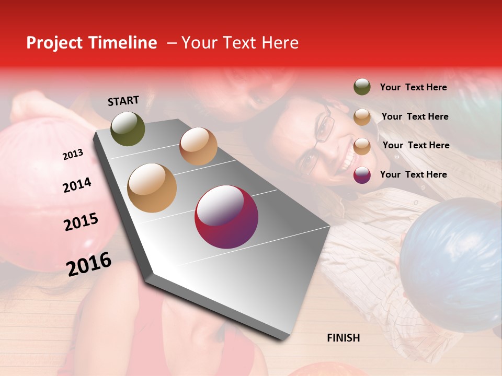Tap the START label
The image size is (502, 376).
123,101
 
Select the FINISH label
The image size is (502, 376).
343,338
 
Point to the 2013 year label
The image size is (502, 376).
73,155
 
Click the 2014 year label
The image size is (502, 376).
77,185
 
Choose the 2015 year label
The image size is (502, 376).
81,222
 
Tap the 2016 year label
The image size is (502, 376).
89,264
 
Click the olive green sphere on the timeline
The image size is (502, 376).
128,128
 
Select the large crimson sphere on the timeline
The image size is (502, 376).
226,217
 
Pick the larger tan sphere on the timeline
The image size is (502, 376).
152,188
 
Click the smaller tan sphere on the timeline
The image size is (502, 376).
198,146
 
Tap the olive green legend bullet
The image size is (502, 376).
362,87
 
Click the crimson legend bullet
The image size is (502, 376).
362,175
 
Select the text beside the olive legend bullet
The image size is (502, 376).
413,87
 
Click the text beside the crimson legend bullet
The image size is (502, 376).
413,174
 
